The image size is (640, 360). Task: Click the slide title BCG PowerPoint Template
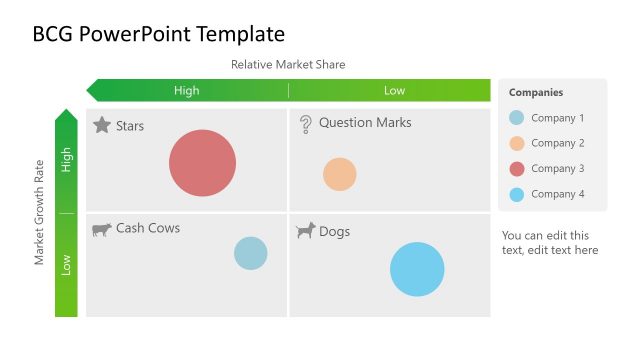click(159, 33)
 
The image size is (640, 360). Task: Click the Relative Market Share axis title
click(288, 65)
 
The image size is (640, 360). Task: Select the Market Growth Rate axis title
click(40, 212)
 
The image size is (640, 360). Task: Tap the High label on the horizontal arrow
click(187, 91)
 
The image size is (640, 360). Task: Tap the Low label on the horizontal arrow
click(395, 91)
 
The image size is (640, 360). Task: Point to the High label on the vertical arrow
click(67, 160)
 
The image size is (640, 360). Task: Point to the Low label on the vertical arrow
click(67, 265)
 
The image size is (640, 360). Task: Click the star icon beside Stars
click(102, 125)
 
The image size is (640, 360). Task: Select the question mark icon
click(306, 124)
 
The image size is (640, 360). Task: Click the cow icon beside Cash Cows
click(102, 229)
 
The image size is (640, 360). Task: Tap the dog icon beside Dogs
click(306, 231)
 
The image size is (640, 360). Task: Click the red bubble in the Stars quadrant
click(202, 163)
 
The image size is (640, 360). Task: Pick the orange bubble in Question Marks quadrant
click(340, 174)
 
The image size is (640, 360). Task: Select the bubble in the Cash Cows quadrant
click(251, 253)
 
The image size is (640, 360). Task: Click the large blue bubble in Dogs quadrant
click(417, 269)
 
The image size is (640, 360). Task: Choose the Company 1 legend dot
click(516, 118)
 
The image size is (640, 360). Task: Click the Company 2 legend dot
click(516, 143)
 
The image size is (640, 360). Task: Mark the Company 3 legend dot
click(516, 169)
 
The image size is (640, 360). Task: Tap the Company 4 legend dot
click(516, 194)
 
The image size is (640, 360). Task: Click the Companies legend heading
click(536, 93)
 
